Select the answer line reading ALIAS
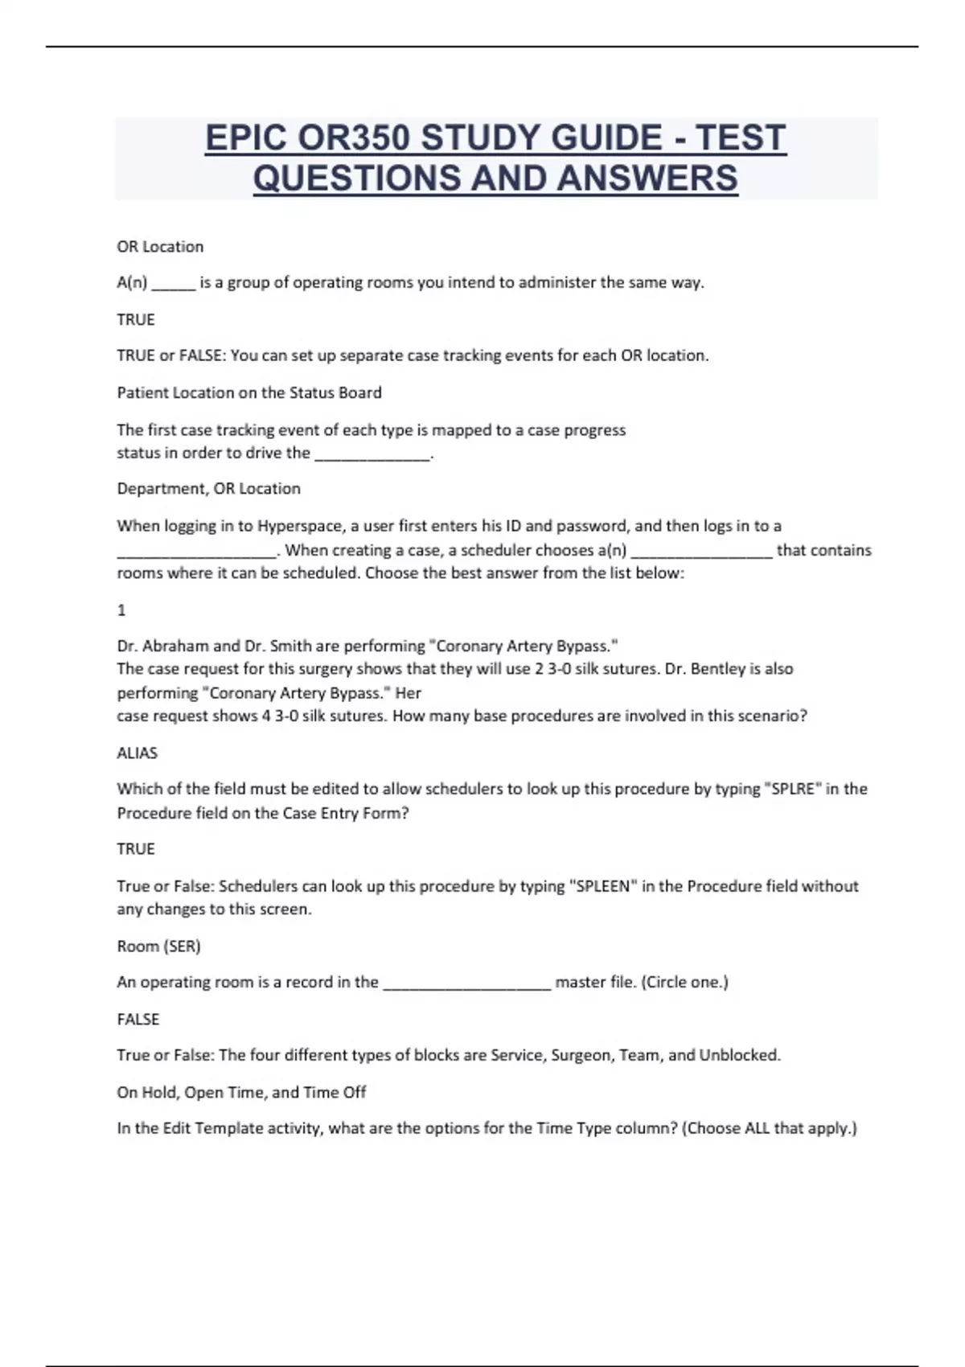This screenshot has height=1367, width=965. coord(138,753)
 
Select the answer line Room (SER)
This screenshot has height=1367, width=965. coord(158,946)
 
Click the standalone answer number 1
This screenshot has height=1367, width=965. coord(121,610)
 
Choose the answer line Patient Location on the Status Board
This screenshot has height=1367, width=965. coord(249,393)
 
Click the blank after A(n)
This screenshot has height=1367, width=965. coord(173,283)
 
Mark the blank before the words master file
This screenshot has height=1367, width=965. coord(466,983)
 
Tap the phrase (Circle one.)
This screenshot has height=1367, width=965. coord(684,982)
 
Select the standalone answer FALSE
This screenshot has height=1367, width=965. coord(138,1019)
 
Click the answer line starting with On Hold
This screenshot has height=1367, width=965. coord(241,1092)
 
